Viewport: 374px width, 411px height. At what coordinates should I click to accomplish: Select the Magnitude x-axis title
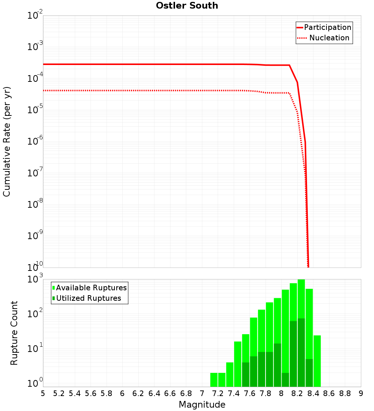pos(202,405)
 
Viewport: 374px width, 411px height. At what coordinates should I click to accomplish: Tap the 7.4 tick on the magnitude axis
pos(234,393)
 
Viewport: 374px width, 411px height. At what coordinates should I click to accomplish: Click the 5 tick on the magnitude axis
pos(43,393)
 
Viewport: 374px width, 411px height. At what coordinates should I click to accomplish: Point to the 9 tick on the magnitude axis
pos(361,393)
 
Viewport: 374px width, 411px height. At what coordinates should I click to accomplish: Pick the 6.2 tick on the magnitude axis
pos(138,393)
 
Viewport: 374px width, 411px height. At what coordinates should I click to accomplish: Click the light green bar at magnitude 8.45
pos(317,361)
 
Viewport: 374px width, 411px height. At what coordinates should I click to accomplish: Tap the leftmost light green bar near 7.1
pos(214,380)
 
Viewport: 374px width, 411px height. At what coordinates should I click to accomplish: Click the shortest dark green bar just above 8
pos(285,380)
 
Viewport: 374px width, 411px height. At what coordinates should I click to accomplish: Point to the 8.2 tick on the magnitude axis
pos(297,393)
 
